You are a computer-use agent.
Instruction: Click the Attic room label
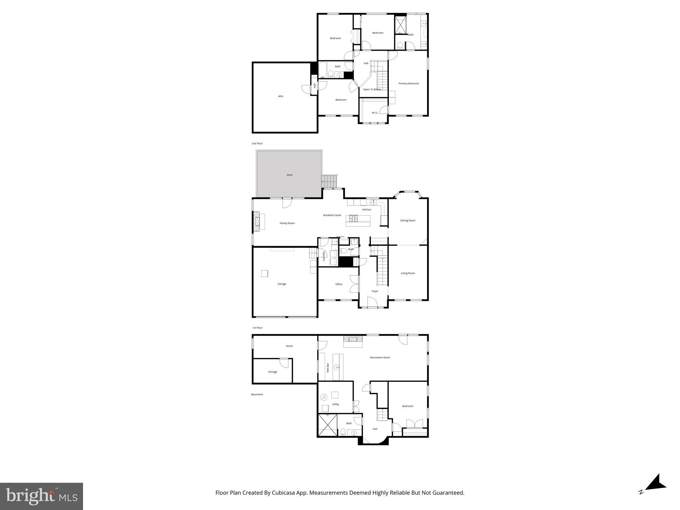[x=281, y=96]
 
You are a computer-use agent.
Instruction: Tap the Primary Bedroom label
[x=409, y=83]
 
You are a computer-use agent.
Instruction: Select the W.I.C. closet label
[x=375, y=113]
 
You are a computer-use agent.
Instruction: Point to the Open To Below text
[x=372, y=89]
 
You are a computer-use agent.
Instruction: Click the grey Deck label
[x=290, y=175]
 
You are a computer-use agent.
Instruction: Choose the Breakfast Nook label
[x=332, y=215]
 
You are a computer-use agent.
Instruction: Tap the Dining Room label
[x=408, y=220]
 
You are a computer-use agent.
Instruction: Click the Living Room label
[x=408, y=273]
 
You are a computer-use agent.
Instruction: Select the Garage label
[x=282, y=284]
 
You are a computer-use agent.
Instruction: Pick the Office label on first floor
[x=339, y=284]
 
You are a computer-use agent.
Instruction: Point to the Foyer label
[x=375, y=291]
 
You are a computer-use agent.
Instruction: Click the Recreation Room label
[x=380, y=358]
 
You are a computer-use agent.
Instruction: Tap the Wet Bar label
[x=328, y=368]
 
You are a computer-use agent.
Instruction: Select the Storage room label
[x=273, y=372]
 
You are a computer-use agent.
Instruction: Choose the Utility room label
[x=336, y=404]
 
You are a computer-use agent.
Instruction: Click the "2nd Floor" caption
[x=257, y=143]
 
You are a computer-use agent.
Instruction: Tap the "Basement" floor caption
[x=257, y=394]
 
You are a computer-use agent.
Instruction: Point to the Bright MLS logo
[x=42, y=496]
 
